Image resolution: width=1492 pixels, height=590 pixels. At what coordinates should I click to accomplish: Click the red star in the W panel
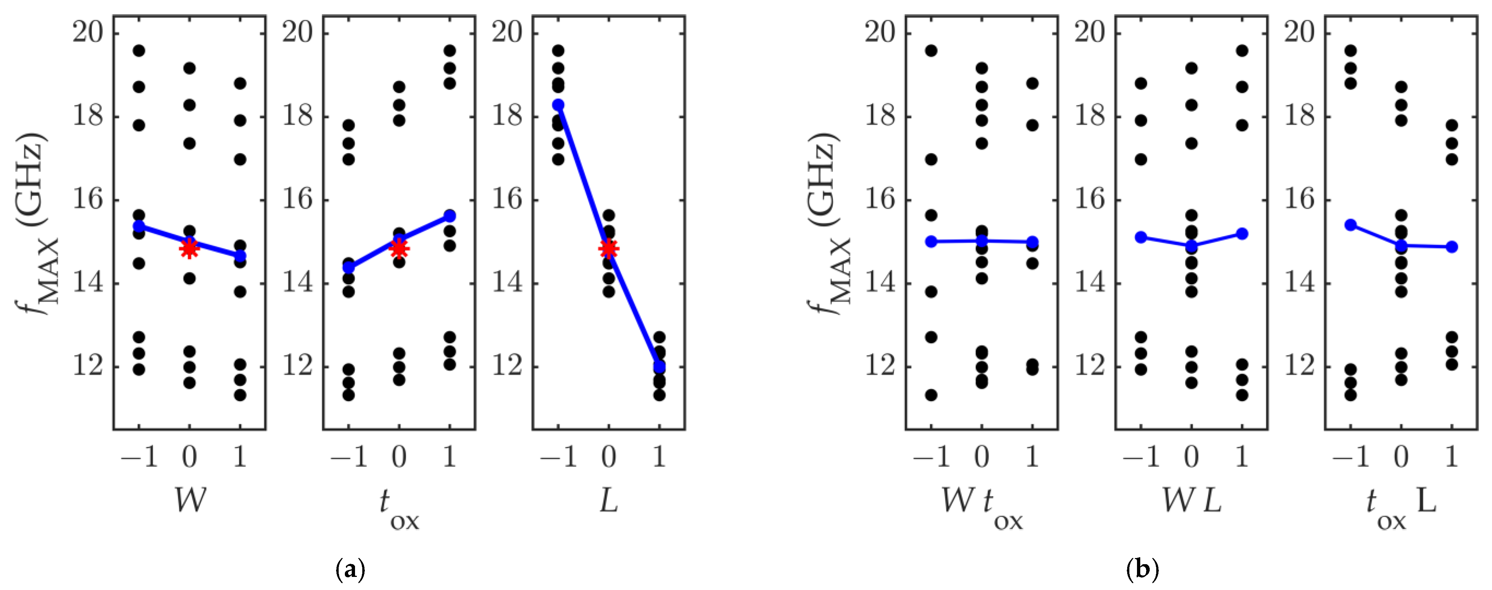tap(189, 247)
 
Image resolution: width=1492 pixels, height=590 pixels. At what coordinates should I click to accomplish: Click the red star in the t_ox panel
tap(399, 249)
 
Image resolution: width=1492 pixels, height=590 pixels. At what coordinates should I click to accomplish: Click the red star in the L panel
tap(608, 249)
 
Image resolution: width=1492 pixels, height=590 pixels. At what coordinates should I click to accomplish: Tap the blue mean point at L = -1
tap(558, 105)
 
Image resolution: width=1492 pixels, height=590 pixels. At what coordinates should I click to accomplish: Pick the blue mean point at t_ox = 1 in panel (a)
tap(449, 216)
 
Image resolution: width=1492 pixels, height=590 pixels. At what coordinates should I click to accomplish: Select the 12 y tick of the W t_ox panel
tap(880, 367)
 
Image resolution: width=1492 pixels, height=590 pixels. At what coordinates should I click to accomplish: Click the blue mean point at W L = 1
tap(1242, 234)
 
